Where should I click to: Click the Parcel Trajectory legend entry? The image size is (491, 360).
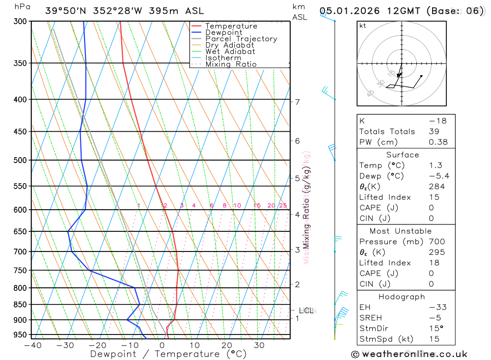pyautogui.click(x=241, y=39)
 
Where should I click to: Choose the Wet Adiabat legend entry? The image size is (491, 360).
pyautogui.click(x=230, y=52)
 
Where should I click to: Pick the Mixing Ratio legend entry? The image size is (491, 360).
pyautogui.click(x=231, y=64)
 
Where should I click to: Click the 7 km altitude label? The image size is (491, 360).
pyautogui.click(x=298, y=102)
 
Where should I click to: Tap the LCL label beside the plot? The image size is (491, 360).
pyautogui.click(x=306, y=310)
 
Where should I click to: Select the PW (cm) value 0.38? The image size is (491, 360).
pyautogui.click(x=438, y=142)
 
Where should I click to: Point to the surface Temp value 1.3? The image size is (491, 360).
pyautogui.click(x=436, y=166)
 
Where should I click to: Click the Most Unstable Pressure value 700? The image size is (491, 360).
pyautogui.click(x=437, y=242)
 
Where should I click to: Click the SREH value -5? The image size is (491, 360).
pyautogui.click(x=435, y=318)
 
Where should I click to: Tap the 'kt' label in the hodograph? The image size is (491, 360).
pyautogui.click(x=363, y=26)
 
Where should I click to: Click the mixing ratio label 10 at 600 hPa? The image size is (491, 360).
pyautogui.click(x=237, y=206)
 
